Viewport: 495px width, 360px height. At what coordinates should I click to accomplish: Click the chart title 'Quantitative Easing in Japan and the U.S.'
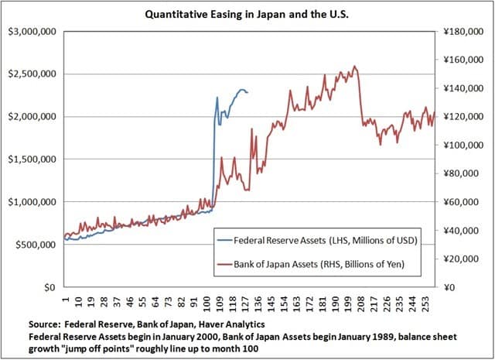coord(247,12)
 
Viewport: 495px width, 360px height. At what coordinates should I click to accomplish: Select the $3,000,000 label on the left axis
coord(31,32)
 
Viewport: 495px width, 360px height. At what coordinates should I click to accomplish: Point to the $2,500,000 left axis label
coord(31,74)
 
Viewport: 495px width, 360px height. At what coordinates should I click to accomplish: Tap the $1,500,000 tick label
coord(31,159)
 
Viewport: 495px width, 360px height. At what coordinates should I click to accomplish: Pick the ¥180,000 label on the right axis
coord(463,32)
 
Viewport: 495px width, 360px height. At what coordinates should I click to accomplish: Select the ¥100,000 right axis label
coord(463,145)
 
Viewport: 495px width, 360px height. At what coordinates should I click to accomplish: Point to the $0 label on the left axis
coord(48,287)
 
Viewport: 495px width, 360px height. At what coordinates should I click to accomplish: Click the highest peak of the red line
coord(354,67)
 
